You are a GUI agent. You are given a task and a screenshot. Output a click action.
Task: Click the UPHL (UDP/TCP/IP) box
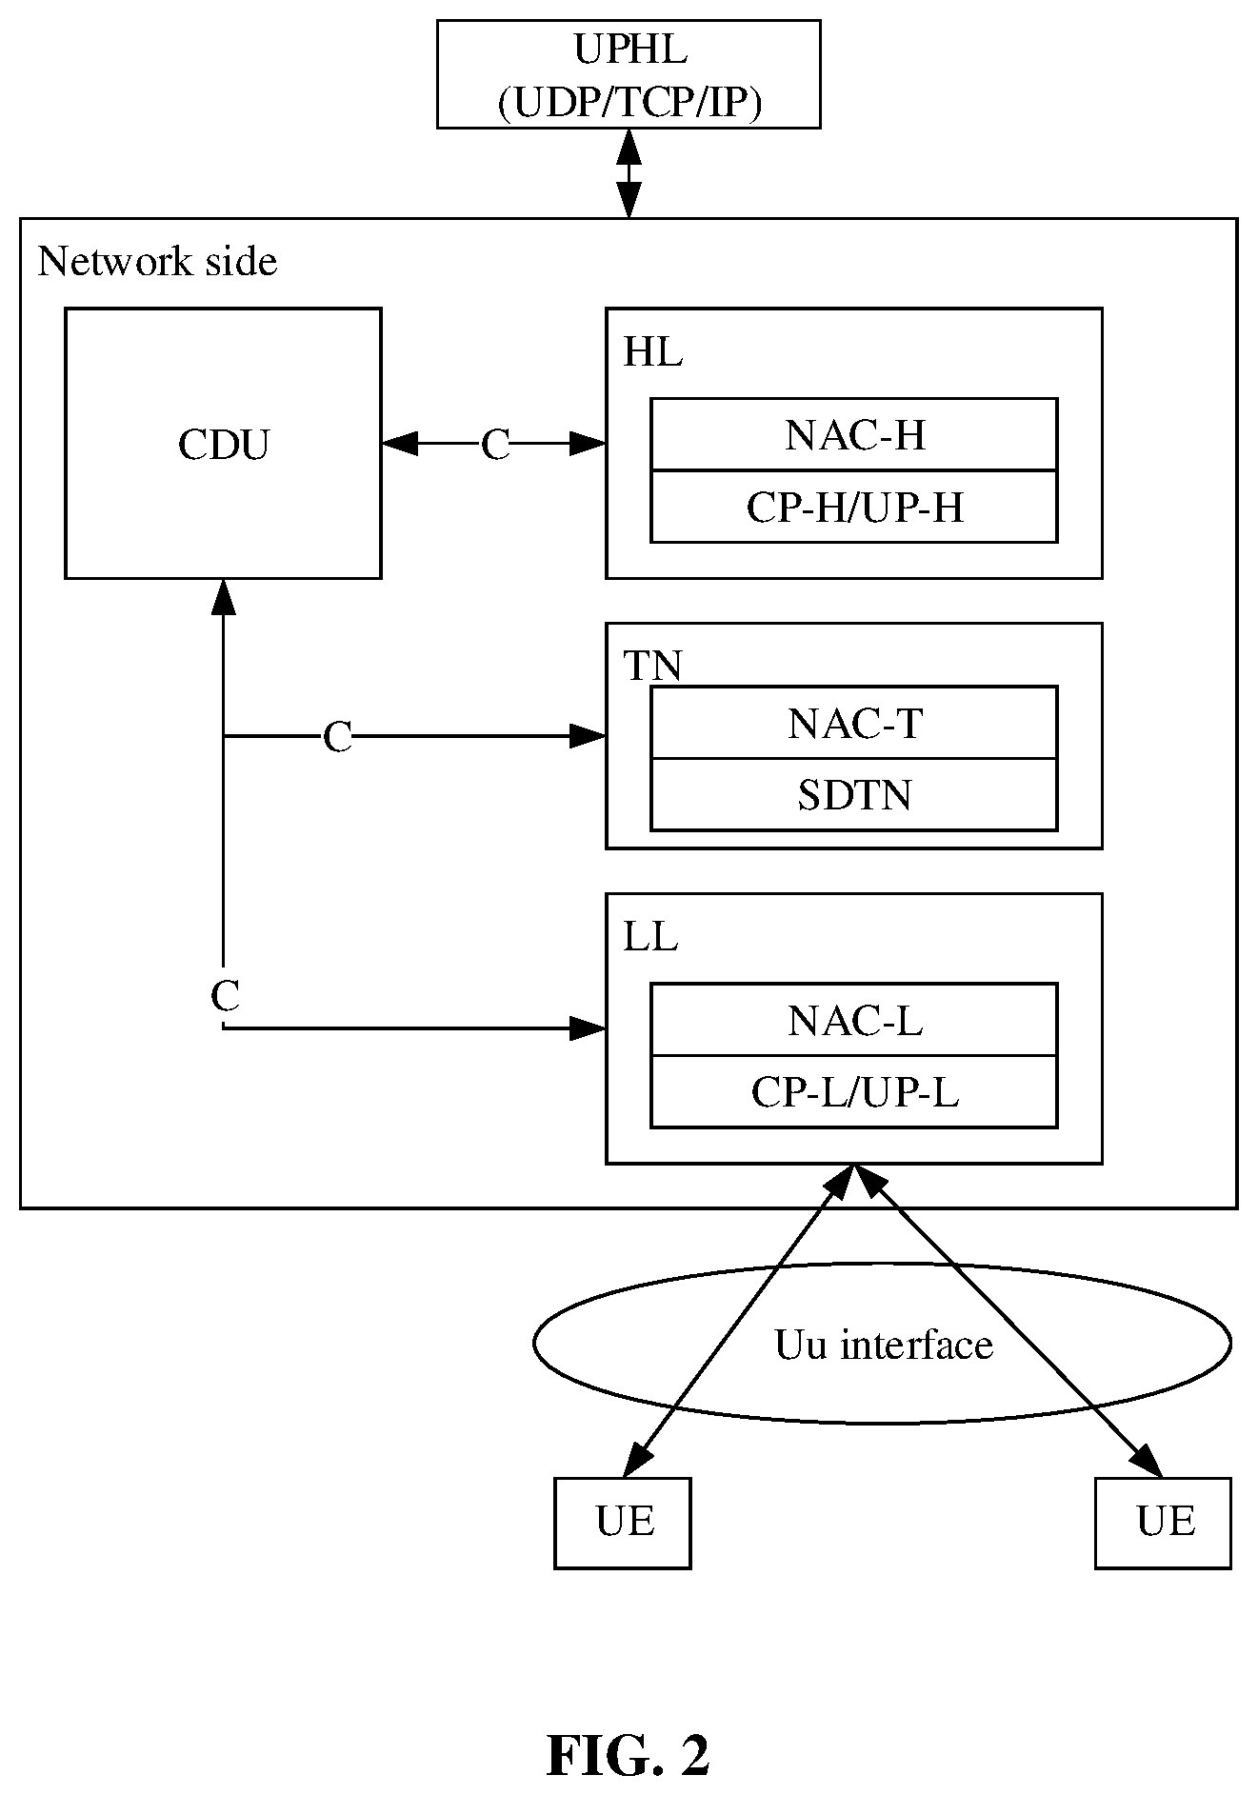point(629,73)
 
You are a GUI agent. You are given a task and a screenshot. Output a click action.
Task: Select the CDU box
point(223,443)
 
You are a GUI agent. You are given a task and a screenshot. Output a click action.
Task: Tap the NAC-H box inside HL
point(853,434)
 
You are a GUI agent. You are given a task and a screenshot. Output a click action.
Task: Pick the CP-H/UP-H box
point(853,507)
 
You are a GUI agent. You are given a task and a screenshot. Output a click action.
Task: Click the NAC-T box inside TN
point(853,723)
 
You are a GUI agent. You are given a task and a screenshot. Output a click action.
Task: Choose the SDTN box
point(853,794)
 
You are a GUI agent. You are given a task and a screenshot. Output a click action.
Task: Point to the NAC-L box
point(853,1020)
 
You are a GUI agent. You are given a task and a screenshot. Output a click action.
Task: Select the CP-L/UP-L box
point(853,1091)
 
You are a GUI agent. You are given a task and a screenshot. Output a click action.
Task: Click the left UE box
point(623,1523)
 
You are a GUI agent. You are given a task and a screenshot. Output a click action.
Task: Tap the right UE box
point(1163,1523)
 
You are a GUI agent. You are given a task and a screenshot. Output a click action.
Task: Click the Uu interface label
point(884,1345)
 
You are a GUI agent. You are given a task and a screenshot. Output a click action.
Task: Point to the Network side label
point(157,261)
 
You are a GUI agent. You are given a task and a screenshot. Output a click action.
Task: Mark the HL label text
point(652,353)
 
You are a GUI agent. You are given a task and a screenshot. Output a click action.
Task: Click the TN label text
point(652,666)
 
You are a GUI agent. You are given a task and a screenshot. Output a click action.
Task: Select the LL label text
point(650,938)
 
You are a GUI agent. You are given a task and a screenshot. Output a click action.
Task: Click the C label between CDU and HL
point(495,445)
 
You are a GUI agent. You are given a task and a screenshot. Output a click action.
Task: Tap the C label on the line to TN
point(337,737)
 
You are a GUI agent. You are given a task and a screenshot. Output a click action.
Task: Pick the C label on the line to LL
point(225,996)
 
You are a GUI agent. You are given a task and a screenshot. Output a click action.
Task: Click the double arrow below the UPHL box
point(629,173)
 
